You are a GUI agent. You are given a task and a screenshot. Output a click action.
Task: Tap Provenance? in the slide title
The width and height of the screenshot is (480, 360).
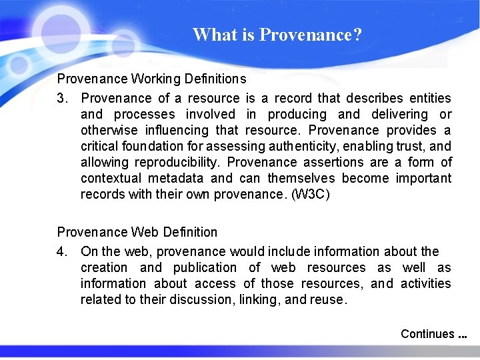click(311, 35)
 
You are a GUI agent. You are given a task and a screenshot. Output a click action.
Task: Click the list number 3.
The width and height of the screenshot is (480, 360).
click(62, 99)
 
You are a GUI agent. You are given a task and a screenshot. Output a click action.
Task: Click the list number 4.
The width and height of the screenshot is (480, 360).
click(62, 252)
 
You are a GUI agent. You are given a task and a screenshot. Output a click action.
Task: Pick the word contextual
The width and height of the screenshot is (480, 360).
click(111, 179)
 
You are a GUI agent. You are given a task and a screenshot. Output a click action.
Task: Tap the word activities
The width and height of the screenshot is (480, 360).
click(425, 284)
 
